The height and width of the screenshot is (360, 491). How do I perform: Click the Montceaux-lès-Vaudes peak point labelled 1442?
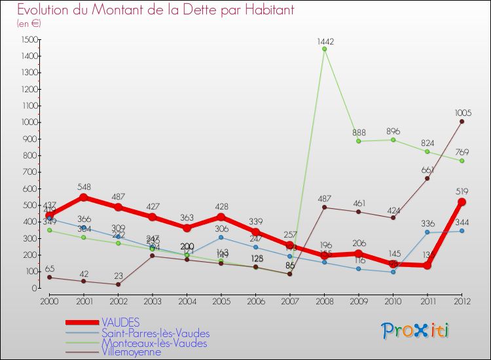click(324, 48)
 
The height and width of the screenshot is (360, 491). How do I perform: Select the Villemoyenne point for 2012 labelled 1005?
click(462, 121)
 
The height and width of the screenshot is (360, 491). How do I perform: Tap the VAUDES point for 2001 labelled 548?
click(83, 197)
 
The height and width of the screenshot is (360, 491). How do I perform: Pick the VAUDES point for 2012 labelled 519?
click(462, 202)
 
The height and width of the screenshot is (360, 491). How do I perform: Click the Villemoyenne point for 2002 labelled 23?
click(118, 284)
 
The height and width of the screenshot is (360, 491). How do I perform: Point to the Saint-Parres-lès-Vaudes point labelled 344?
click(462, 230)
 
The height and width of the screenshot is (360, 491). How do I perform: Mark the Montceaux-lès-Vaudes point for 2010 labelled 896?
click(393, 139)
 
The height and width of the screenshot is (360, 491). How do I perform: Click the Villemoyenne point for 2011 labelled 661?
click(427, 178)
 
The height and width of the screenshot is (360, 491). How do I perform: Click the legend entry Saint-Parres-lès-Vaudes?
click(155, 333)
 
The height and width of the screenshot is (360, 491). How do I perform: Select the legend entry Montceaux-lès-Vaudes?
click(154, 343)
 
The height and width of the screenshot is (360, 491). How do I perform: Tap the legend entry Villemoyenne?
click(131, 352)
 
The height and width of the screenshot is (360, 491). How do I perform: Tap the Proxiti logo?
click(416, 331)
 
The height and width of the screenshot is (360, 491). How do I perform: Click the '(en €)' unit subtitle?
click(29, 24)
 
